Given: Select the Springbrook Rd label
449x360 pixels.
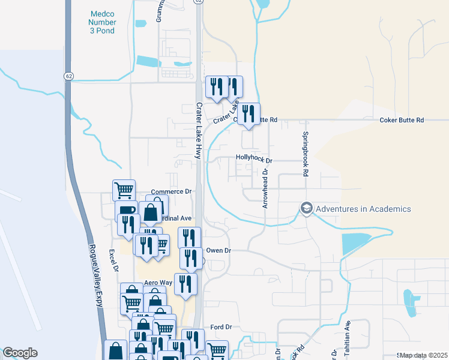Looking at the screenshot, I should (306, 154).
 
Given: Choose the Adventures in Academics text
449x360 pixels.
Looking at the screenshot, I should (363, 209).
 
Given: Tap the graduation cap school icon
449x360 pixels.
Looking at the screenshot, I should (307, 208).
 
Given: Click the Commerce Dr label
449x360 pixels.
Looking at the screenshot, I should (170, 191).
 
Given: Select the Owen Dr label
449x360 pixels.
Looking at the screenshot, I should (218, 250).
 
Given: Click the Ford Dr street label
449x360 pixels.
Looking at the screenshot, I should (221, 327).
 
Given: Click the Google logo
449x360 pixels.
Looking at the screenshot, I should (20, 353).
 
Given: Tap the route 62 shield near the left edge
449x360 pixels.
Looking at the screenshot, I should (69, 76).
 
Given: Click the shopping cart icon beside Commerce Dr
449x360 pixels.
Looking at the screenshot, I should (124, 190).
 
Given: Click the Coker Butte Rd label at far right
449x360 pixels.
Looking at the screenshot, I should (402, 120).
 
